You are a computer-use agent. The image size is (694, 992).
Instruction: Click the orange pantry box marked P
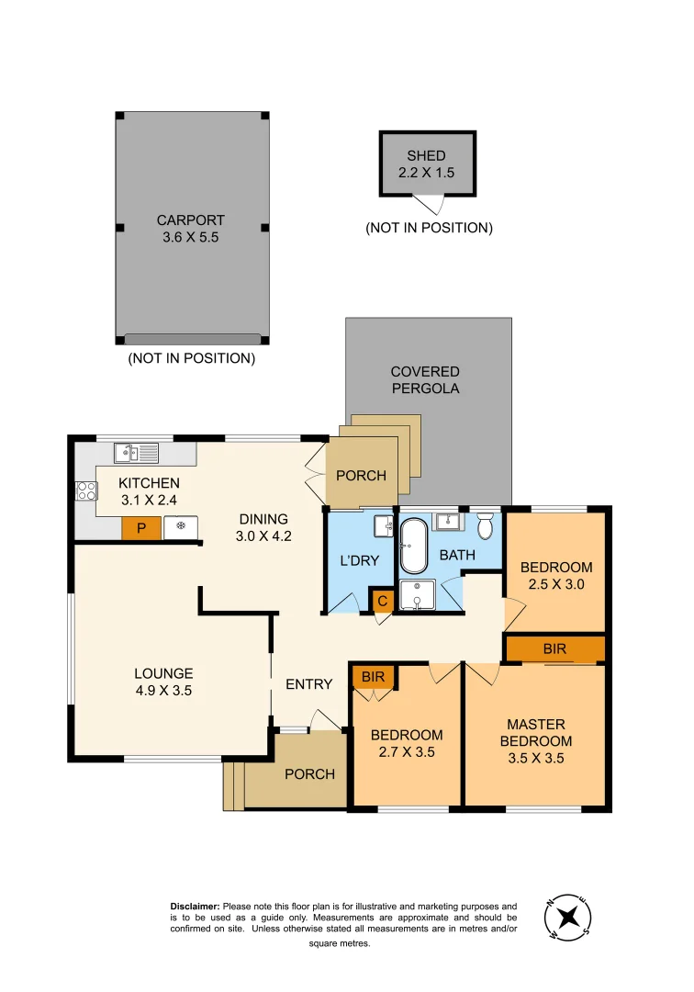click(141, 527)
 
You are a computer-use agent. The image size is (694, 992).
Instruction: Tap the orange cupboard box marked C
click(383, 602)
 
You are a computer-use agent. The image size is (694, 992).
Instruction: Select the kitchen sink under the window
click(136, 452)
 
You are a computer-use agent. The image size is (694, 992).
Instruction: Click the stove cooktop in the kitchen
click(86, 490)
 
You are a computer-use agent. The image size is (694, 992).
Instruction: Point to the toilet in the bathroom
click(486, 525)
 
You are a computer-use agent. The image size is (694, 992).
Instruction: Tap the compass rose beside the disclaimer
click(568, 917)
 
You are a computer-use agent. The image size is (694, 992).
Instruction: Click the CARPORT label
click(190, 220)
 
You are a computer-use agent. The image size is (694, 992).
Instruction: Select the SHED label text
click(426, 156)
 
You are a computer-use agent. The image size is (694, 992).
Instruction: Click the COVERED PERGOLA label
click(425, 380)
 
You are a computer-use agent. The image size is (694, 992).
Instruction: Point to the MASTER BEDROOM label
click(540, 733)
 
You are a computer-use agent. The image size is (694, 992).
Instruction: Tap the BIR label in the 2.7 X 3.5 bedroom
click(372, 677)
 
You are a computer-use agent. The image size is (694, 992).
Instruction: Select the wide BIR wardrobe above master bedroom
click(554, 648)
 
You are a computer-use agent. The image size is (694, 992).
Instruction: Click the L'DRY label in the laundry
click(359, 561)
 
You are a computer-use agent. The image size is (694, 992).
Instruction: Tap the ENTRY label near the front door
click(308, 684)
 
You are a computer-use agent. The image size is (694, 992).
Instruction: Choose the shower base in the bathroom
click(418, 594)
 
